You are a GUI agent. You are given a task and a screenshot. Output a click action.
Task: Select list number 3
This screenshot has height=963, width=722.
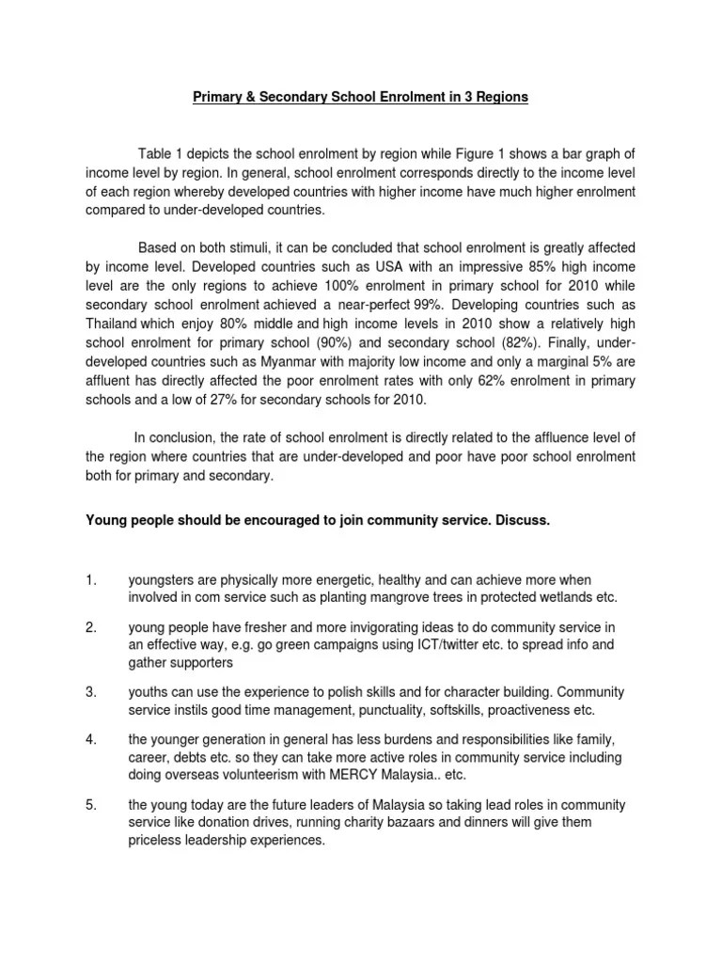tap(91, 692)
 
